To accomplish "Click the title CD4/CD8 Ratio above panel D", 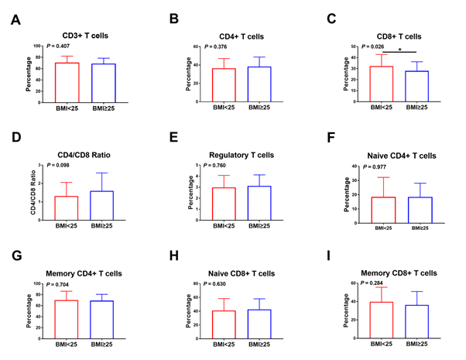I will coord(83,155).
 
